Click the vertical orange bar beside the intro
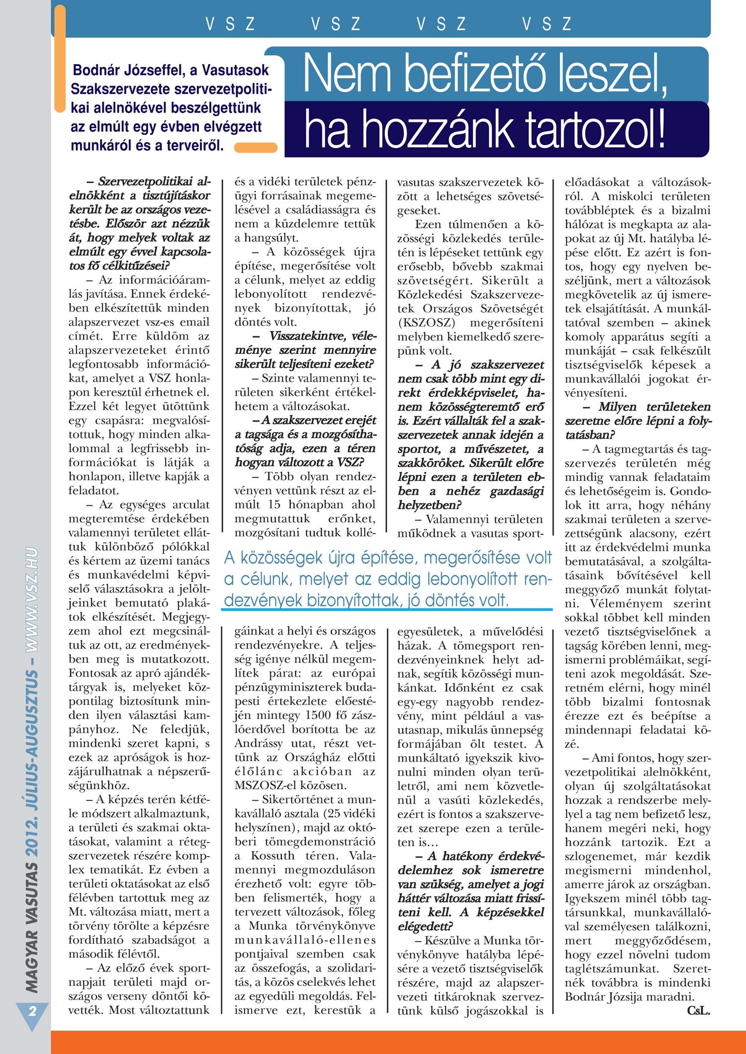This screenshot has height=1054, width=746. (59, 60)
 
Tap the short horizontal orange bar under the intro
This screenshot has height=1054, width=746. (256, 147)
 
